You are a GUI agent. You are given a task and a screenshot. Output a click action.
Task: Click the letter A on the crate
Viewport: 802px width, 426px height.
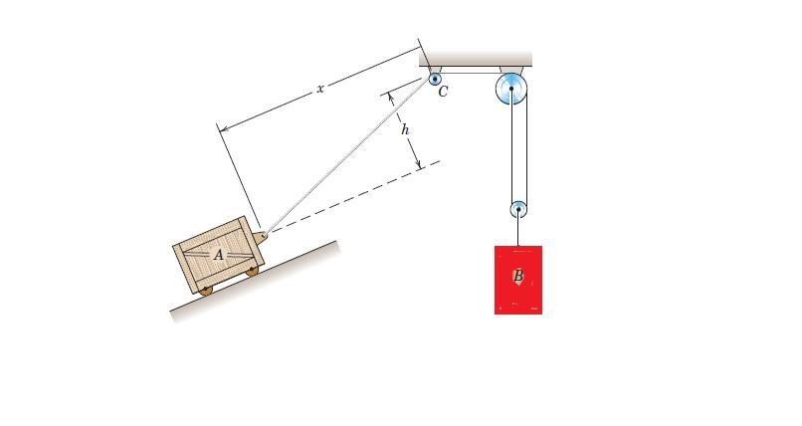click(x=218, y=254)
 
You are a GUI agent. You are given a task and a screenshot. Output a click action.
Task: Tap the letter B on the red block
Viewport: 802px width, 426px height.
click(x=518, y=276)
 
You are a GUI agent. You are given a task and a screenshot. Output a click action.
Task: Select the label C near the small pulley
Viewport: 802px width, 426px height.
click(x=443, y=91)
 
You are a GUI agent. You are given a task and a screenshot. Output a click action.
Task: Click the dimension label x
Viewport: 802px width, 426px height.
click(x=320, y=89)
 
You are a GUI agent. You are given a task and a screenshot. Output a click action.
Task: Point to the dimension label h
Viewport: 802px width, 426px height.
click(x=405, y=129)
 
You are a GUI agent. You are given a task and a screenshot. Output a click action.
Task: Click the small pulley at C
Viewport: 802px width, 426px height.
click(x=435, y=80)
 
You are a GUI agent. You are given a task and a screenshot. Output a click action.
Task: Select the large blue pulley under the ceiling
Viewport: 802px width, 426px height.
click(x=511, y=89)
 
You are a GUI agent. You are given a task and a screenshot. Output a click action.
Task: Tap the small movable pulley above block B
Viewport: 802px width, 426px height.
click(x=518, y=209)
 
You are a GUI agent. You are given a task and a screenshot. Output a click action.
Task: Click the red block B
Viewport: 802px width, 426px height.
click(x=518, y=280)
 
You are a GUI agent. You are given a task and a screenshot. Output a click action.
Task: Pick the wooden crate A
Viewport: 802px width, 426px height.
click(x=218, y=255)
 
